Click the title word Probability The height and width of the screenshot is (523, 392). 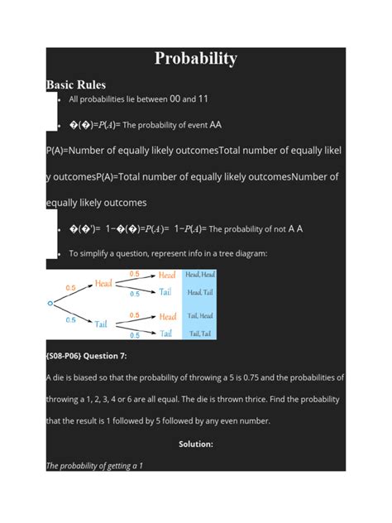196,59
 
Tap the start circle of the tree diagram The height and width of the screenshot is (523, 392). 50,304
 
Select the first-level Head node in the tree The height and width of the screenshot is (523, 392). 104,284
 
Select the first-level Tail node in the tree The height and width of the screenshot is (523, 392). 104,324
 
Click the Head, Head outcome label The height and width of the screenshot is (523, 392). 200,275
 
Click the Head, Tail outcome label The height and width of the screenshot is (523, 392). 200,292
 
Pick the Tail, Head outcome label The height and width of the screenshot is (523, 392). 200,316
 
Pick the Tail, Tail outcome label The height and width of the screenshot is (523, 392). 200,333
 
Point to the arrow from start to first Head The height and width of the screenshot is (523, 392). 74,294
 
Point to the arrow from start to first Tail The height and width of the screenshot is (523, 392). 74,314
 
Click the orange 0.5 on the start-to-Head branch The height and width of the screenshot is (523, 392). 70,287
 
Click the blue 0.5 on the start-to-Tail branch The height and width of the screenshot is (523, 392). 70,320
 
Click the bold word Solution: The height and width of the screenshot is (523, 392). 196,444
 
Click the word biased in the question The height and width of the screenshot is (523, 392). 85,377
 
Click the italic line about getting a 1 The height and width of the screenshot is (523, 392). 94,466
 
